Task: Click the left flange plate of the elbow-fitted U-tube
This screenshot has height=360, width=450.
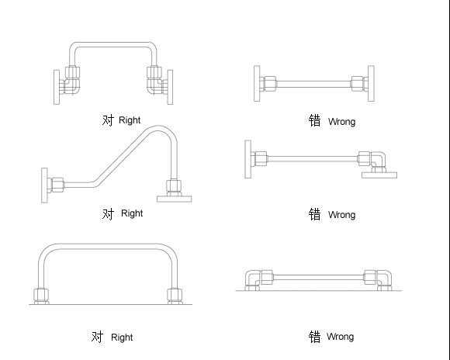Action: tap(57, 87)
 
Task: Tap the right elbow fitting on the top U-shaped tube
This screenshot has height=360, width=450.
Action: tap(155, 86)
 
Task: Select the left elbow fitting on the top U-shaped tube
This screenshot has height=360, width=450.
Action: tap(71, 86)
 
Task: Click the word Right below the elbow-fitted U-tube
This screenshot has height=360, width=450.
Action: tap(130, 120)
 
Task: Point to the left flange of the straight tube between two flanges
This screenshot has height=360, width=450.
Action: tap(257, 83)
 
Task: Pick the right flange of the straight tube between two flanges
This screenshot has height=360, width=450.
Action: tap(371, 83)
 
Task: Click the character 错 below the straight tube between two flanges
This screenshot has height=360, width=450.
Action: tap(314, 120)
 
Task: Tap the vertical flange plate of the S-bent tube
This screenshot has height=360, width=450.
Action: tap(44, 185)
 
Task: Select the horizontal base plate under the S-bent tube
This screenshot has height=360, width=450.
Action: tap(175, 199)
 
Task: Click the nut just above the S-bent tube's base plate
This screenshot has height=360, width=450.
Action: tap(174, 186)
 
